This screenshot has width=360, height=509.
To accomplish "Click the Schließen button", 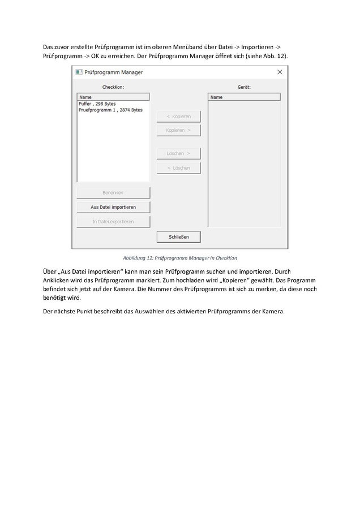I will (x=178, y=236).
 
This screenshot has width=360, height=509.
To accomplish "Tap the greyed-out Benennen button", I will (x=113, y=192).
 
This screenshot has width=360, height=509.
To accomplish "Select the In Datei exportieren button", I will (x=113, y=222).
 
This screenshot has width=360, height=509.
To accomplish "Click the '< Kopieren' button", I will (x=178, y=117).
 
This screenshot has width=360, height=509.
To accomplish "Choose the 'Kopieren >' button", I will (x=178, y=130).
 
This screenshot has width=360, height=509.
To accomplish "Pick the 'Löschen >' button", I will (x=178, y=153).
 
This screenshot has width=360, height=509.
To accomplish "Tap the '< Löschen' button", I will (x=178, y=168).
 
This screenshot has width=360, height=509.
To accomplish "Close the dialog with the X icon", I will (x=280, y=72).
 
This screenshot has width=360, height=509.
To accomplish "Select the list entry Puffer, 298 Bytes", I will (x=97, y=103).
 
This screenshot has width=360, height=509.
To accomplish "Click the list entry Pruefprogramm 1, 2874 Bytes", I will (x=110, y=110).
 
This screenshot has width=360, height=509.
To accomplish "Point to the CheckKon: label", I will (x=113, y=87).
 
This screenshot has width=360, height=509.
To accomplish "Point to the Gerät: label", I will (x=244, y=87).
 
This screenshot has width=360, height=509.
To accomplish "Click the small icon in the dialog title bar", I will (x=79, y=72).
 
